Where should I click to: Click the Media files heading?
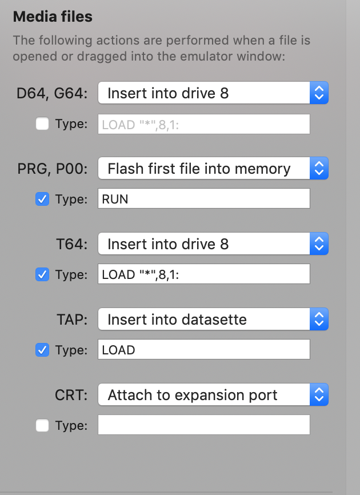(x=53, y=17)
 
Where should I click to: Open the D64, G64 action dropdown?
(x=213, y=93)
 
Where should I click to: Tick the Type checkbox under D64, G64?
(x=42, y=123)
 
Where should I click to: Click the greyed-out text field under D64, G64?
(x=204, y=124)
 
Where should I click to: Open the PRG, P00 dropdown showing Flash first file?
(x=213, y=168)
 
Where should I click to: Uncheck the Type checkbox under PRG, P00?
(x=42, y=199)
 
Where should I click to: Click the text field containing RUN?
(x=204, y=198)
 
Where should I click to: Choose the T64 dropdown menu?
(x=213, y=243)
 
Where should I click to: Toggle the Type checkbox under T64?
(x=42, y=274)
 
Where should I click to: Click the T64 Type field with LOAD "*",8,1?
(x=204, y=274)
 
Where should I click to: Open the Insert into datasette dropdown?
(x=213, y=319)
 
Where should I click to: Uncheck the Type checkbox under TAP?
(x=42, y=350)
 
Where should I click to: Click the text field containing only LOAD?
(x=204, y=349)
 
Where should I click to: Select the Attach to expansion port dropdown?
(x=213, y=394)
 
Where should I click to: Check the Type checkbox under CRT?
(x=42, y=425)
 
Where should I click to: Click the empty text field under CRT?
(x=204, y=425)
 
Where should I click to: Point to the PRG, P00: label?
(x=53, y=169)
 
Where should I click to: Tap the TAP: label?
(x=72, y=320)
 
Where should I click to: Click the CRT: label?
(x=71, y=395)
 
